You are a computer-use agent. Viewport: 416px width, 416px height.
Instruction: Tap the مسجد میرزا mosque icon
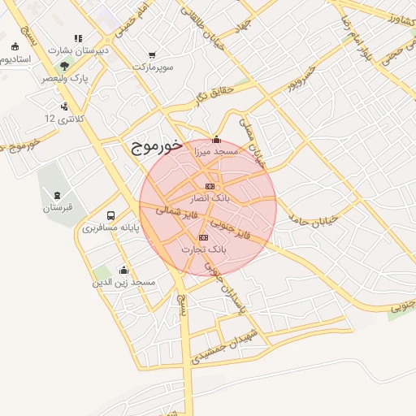(215, 139)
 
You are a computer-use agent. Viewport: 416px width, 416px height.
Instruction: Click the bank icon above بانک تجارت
(203, 237)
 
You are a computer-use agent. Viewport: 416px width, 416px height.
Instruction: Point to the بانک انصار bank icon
(210, 186)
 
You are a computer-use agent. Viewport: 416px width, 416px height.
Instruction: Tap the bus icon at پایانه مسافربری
(110, 215)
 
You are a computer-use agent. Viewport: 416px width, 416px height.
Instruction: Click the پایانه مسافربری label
(110, 227)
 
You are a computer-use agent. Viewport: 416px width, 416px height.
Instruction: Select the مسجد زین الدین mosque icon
(123, 270)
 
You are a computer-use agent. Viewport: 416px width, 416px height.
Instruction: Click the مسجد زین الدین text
(123, 282)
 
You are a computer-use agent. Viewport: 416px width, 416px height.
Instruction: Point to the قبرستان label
(58, 208)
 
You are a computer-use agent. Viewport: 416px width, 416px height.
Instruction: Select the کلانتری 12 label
(64, 119)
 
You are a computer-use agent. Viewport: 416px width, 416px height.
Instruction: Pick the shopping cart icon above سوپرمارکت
(152, 55)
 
